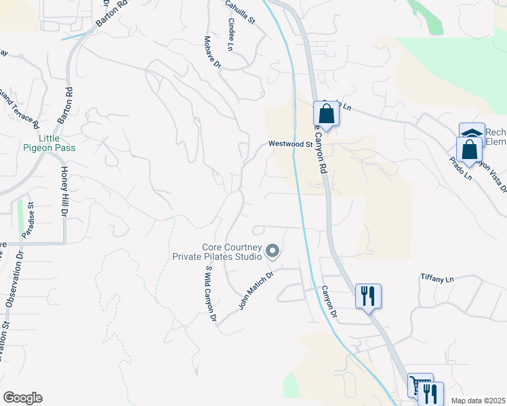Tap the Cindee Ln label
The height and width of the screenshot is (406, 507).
tap(231, 35)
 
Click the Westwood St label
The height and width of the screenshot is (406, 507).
tap(289, 143)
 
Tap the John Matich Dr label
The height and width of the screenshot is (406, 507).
tap(255, 291)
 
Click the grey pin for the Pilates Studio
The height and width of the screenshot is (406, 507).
tap(272, 252)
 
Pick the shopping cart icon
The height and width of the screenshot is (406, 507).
tap(420, 386)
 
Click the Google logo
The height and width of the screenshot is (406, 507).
tap(22, 398)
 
